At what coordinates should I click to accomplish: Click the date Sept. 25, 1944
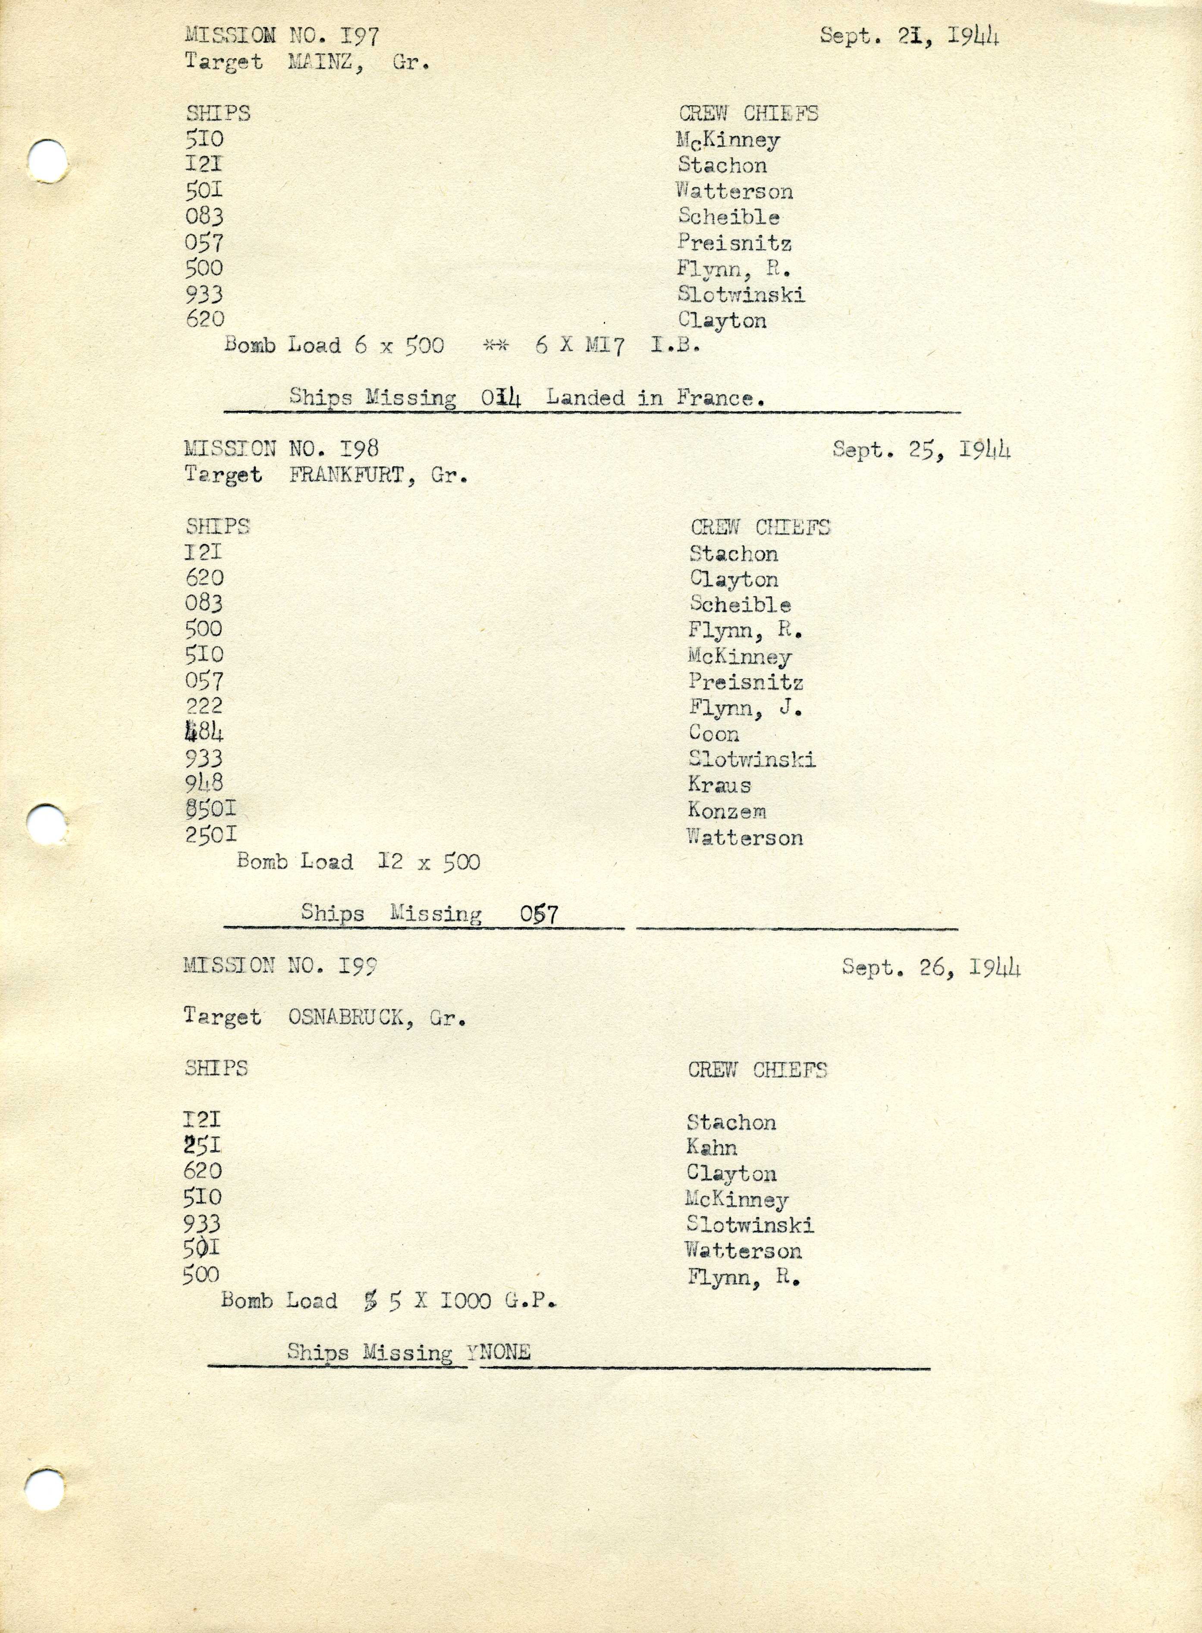tap(921, 450)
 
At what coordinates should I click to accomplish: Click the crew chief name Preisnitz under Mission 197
tap(734, 242)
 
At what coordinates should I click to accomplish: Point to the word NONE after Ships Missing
tap(503, 1352)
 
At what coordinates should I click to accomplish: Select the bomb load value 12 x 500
tap(429, 862)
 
